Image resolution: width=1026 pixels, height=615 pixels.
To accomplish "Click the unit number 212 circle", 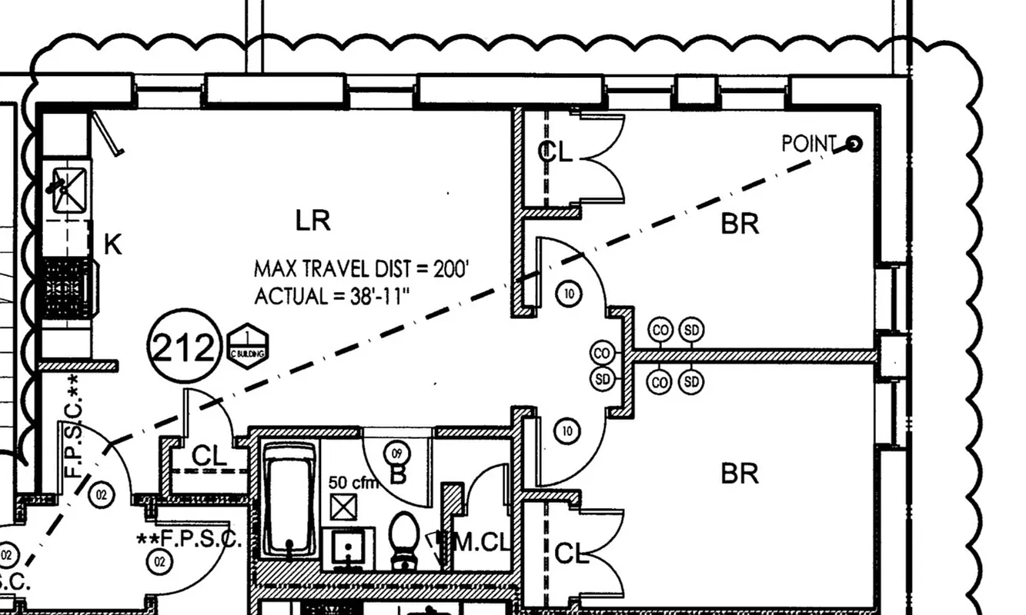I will pos(182,349).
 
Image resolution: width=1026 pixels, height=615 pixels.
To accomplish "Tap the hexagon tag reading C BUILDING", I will pos(248,347).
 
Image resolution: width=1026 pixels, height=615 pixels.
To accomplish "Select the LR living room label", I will pos(313,221).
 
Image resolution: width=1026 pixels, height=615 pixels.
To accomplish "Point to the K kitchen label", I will pos(112,245).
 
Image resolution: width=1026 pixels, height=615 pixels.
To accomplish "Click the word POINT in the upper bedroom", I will pos(808,144).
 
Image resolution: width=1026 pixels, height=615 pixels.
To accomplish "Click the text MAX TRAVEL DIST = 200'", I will pos(361,269).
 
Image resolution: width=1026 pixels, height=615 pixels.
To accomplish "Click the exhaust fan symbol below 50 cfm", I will pos(342,507).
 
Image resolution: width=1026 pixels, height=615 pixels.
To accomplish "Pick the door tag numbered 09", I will pos(398,453).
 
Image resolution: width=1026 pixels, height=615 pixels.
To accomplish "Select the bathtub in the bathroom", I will pos(289,498).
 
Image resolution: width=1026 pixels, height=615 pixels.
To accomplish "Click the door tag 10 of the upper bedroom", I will pos(568,292).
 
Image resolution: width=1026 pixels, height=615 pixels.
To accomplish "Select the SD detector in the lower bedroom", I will pos(692,381).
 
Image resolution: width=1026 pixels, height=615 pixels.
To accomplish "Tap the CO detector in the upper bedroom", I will pos(660,331).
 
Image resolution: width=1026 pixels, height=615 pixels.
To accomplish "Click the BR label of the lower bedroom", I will pos(740,473).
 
